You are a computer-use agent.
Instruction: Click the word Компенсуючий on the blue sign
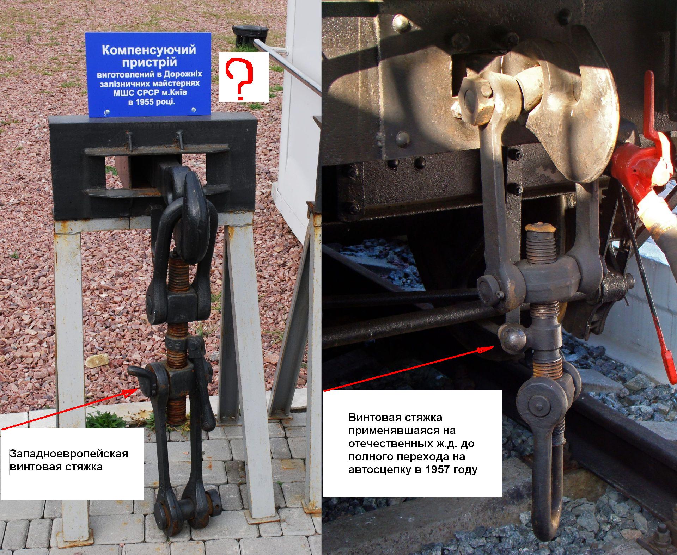pyautogui.click(x=149, y=50)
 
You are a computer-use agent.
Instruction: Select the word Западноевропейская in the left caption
pyautogui.click(x=69, y=453)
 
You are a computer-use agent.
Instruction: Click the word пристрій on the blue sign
pyautogui.click(x=149, y=63)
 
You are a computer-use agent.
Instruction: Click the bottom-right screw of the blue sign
pyautogui.click(x=193, y=110)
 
